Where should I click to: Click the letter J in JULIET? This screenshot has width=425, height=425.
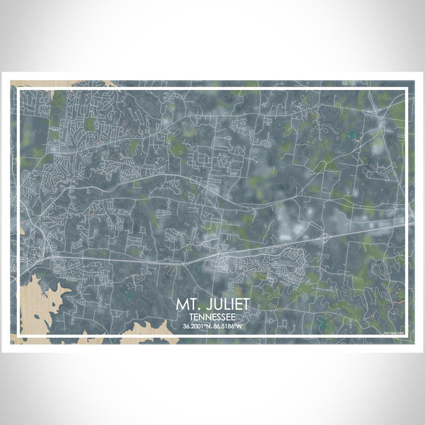pos(208,305)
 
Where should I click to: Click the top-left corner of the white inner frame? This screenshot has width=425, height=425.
pos(17,89)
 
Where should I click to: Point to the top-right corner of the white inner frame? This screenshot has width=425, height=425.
pos(408,89)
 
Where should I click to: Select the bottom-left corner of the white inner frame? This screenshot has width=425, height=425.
pos(17,337)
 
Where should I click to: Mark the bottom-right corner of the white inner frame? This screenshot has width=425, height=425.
pos(408,337)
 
